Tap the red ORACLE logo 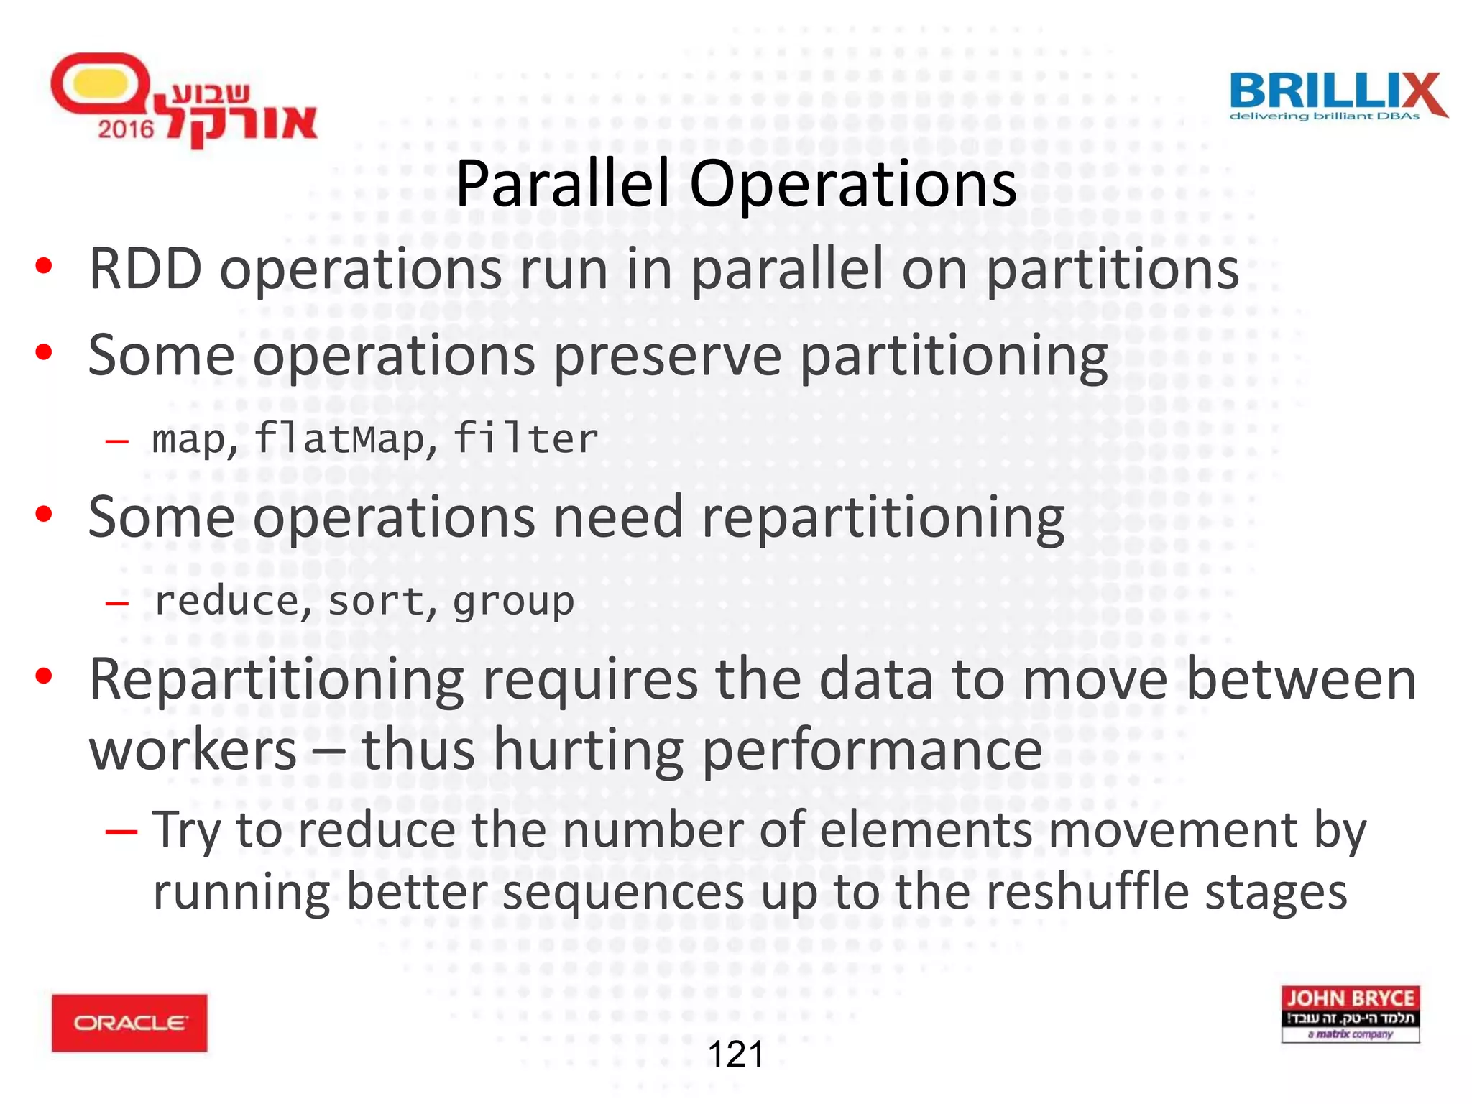pos(129,1023)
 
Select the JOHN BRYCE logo pos(1350,1013)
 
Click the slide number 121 pos(736,1054)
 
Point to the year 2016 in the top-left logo pos(126,129)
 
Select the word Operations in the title pos(852,185)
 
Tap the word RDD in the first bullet pos(145,269)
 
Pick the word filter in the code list pos(525,438)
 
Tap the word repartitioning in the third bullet pos(883,517)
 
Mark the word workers pos(193,750)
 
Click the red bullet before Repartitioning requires pos(44,676)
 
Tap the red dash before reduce pos(117,602)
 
